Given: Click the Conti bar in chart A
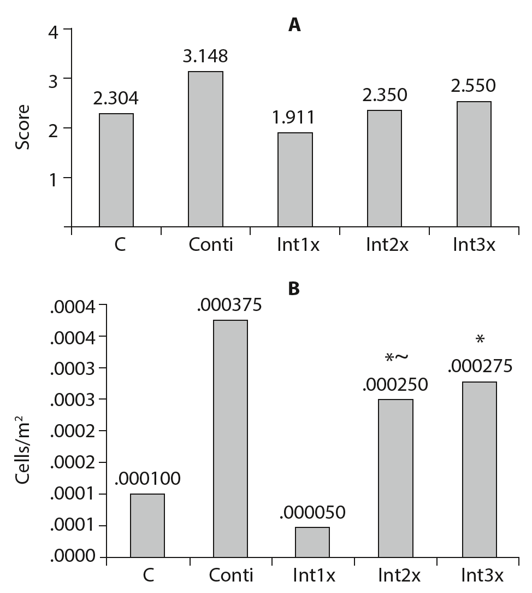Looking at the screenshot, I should [x=205, y=149].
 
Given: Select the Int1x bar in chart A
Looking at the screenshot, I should [x=295, y=179].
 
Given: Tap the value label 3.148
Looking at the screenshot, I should [x=205, y=56].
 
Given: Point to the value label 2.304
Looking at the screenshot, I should [x=116, y=98].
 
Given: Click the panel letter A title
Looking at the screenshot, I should [x=294, y=25].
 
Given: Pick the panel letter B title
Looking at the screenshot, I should [x=294, y=289].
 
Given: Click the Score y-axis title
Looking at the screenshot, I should [x=22, y=128].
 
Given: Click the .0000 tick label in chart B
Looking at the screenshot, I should [x=73, y=557].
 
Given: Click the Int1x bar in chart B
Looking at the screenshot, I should [x=312, y=542].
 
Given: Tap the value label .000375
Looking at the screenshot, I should [x=229, y=304].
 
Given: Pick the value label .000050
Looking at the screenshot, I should [x=312, y=513].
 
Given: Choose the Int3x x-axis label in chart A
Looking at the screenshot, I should [x=474, y=244].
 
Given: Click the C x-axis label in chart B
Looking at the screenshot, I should [x=147, y=575].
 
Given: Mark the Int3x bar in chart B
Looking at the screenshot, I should [x=480, y=469].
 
